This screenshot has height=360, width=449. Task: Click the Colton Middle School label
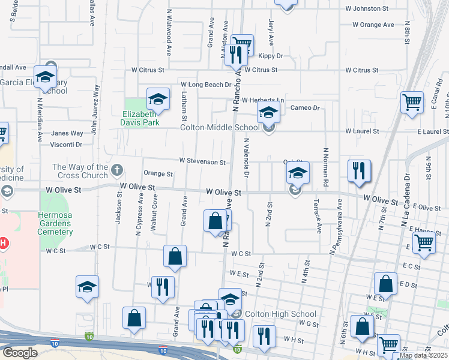pos(221,127)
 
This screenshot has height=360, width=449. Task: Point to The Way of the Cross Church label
pos(79,172)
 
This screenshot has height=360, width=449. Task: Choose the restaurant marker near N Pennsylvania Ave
pos(359,170)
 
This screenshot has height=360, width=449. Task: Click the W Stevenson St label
pos(202,162)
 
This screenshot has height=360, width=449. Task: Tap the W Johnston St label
pos(371,8)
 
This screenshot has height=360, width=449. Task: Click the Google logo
pos(19,352)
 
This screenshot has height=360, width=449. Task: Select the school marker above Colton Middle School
pos(269,112)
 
